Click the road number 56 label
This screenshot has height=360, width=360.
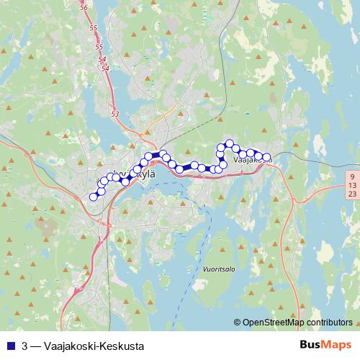[x=84, y=7]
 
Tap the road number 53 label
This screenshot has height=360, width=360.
[x=115, y=114]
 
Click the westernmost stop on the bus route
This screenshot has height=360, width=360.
[x=93, y=197]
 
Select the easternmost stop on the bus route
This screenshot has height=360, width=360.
[x=266, y=157]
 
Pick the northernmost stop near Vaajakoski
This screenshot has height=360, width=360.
[x=230, y=144]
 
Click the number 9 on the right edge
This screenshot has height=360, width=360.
[x=351, y=176]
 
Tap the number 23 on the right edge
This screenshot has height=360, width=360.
[x=351, y=194]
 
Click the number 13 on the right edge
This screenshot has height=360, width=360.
[x=351, y=185]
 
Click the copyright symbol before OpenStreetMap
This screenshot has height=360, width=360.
[x=238, y=323]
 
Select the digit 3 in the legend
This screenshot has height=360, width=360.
[x=25, y=346]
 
